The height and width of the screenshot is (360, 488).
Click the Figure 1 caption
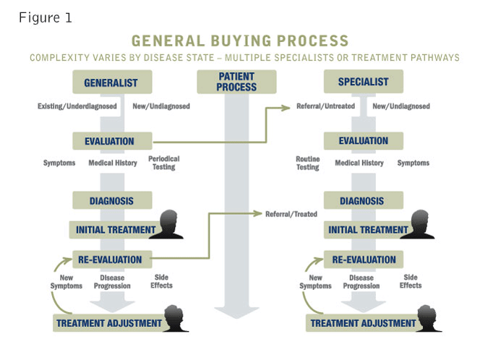(45, 17)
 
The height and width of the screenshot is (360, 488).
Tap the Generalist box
(112, 82)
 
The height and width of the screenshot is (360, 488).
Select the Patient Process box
(236, 82)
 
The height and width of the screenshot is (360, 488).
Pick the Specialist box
(363, 82)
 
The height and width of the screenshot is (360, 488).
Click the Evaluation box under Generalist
(113, 141)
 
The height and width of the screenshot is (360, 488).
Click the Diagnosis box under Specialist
(363, 200)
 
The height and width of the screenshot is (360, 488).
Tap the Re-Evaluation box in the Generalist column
(112, 259)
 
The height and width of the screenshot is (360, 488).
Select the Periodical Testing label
(163, 163)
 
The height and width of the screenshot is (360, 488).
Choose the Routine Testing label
(307, 163)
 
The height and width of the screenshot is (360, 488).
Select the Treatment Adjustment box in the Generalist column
(108, 323)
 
